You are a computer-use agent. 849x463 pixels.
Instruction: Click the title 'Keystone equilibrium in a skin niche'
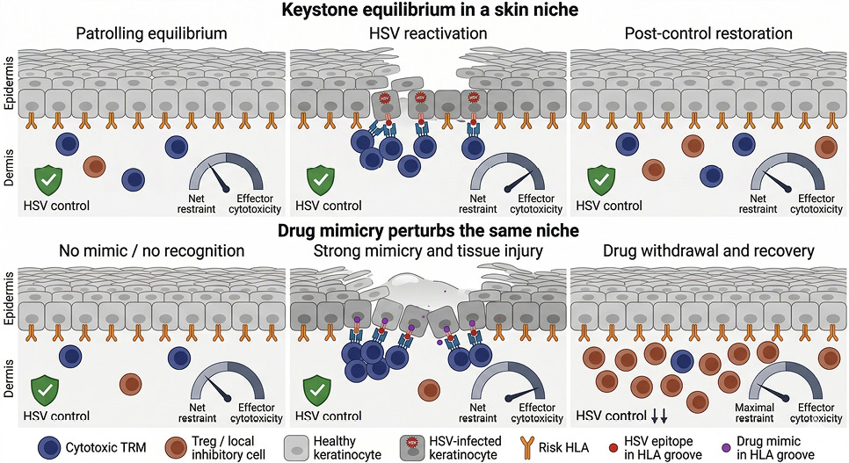click(x=430, y=9)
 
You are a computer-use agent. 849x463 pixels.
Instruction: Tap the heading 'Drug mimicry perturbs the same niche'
click(x=428, y=231)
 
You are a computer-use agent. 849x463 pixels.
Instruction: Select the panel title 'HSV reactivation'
click(x=428, y=33)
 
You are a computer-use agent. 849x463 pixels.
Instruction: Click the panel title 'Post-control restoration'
click(x=708, y=33)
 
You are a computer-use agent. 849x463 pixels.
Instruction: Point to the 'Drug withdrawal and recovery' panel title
click(x=708, y=250)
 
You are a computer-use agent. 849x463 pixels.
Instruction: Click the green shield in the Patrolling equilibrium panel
click(x=48, y=181)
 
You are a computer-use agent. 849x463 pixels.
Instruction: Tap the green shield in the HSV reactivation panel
click(x=321, y=181)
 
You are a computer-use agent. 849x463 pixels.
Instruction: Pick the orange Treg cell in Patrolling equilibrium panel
click(x=95, y=167)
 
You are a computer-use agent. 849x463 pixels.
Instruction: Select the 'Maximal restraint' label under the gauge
click(x=754, y=413)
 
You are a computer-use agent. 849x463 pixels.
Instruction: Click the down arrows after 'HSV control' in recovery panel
click(x=659, y=416)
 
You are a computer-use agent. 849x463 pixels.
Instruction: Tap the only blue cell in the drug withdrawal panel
click(x=682, y=362)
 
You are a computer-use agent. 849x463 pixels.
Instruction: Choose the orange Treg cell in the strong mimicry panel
click(x=429, y=390)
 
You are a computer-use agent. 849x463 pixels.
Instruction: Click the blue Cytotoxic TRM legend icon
click(x=50, y=448)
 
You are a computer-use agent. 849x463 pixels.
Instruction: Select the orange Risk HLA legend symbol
click(x=526, y=448)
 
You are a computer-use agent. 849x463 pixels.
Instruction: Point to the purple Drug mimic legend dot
click(x=726, y=448)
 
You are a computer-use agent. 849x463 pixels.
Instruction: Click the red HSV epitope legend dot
click(x=613, y=448)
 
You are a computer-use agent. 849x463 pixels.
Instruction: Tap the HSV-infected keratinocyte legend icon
click(x=412, y=448)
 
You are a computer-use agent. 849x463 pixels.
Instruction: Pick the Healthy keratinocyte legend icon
click(x=296, y=448)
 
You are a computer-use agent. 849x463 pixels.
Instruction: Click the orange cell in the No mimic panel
click(x=130, y=385)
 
